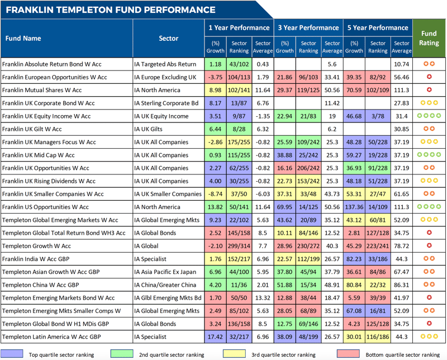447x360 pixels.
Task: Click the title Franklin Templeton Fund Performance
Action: click(111, 10)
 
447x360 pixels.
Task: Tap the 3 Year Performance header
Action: click(308, 27)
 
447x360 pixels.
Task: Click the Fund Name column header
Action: click(23, 39)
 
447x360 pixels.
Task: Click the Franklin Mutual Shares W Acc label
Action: click(42, 90)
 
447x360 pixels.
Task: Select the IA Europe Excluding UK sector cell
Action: click(166, 77)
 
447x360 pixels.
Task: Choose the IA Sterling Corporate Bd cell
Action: click(167, 103)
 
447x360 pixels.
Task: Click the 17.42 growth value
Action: click(215, 337)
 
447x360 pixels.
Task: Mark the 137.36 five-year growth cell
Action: click(354, 207)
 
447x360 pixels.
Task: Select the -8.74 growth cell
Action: click(215, 195)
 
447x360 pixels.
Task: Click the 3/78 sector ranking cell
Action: click(378, 116)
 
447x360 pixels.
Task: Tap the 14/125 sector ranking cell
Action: click(308, 207)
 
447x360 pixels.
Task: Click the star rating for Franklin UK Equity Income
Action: click(429, 116)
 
